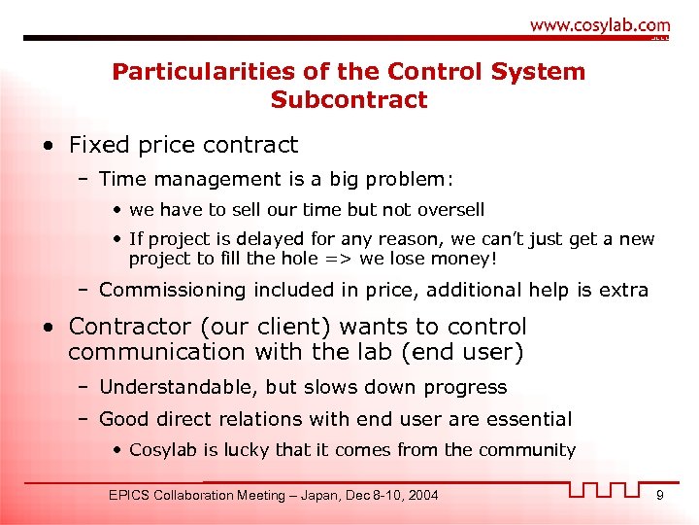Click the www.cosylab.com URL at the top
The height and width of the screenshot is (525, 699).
pyautogui.click(x=599, y=25)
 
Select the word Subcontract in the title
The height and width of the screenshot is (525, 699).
pyautogui.click(x=349, y=100)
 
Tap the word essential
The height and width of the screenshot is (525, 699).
pyautogui.click(x=530, y=419)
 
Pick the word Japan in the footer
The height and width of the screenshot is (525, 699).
pyautogui.click(x=309, y=496)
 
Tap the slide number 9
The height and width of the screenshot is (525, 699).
pyautogui.click(x=660, y=496)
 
